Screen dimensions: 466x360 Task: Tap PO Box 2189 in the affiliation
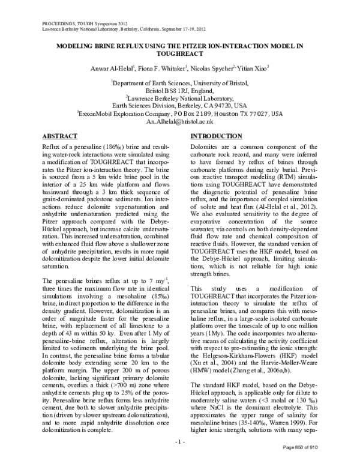tap(197, 112)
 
